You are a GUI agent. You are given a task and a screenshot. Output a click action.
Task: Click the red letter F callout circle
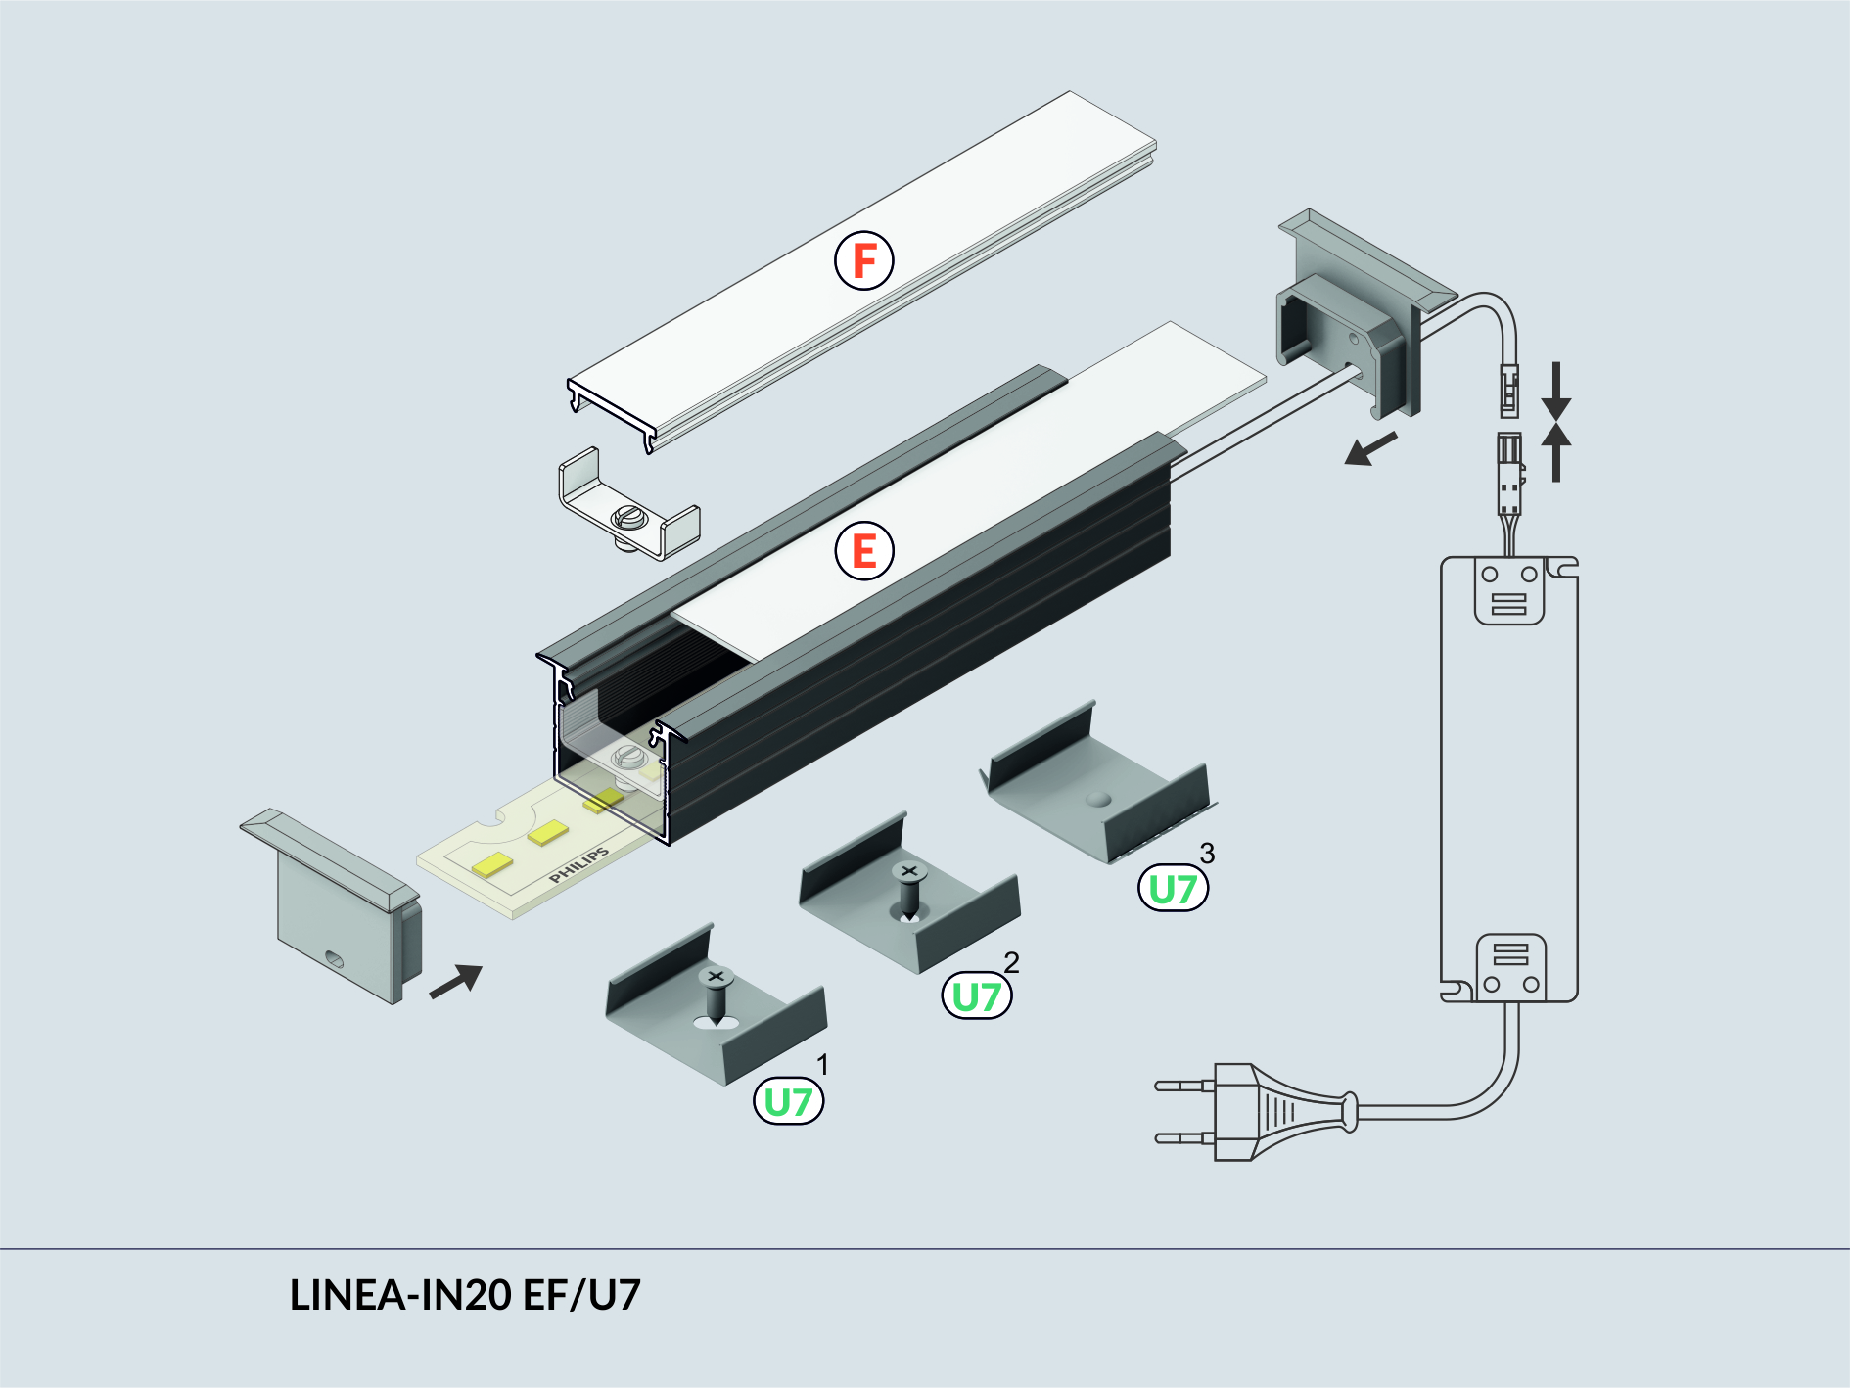(x=863, y=260)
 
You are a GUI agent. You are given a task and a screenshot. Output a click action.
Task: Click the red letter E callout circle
(x=863, y=551)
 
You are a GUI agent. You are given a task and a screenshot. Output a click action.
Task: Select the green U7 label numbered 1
(x=788, y=1102)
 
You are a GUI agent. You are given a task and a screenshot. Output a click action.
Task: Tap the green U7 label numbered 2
(x=976, y=996)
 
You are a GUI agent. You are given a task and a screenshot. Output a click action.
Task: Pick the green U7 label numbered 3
(x=1173, y=889)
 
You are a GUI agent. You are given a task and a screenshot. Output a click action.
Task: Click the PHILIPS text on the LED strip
(x=578, y=865)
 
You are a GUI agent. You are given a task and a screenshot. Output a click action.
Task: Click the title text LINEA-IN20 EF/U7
(x=465, y=1295)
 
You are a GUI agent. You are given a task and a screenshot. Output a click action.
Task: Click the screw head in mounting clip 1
(x=716, y=977)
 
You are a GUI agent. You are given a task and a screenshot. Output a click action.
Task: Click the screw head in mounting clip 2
(x=908, y=871)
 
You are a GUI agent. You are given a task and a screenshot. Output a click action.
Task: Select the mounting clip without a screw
(x=1096, y=783)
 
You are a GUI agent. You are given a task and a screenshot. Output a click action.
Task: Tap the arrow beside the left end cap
(x=456, y=981)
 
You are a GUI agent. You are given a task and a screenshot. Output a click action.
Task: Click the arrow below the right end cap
(x=1370, y=450)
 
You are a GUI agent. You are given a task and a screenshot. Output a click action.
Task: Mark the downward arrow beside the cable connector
(x=1555, y=392)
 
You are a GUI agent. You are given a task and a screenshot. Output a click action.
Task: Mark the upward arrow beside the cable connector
(x=1555, y=452)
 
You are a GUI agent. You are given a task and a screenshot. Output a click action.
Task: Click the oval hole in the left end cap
(x=334, y=958)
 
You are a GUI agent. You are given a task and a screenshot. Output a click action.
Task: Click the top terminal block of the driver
(x=1508, y=591)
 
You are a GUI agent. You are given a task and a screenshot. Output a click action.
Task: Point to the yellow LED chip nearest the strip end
(x=491, y=864)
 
